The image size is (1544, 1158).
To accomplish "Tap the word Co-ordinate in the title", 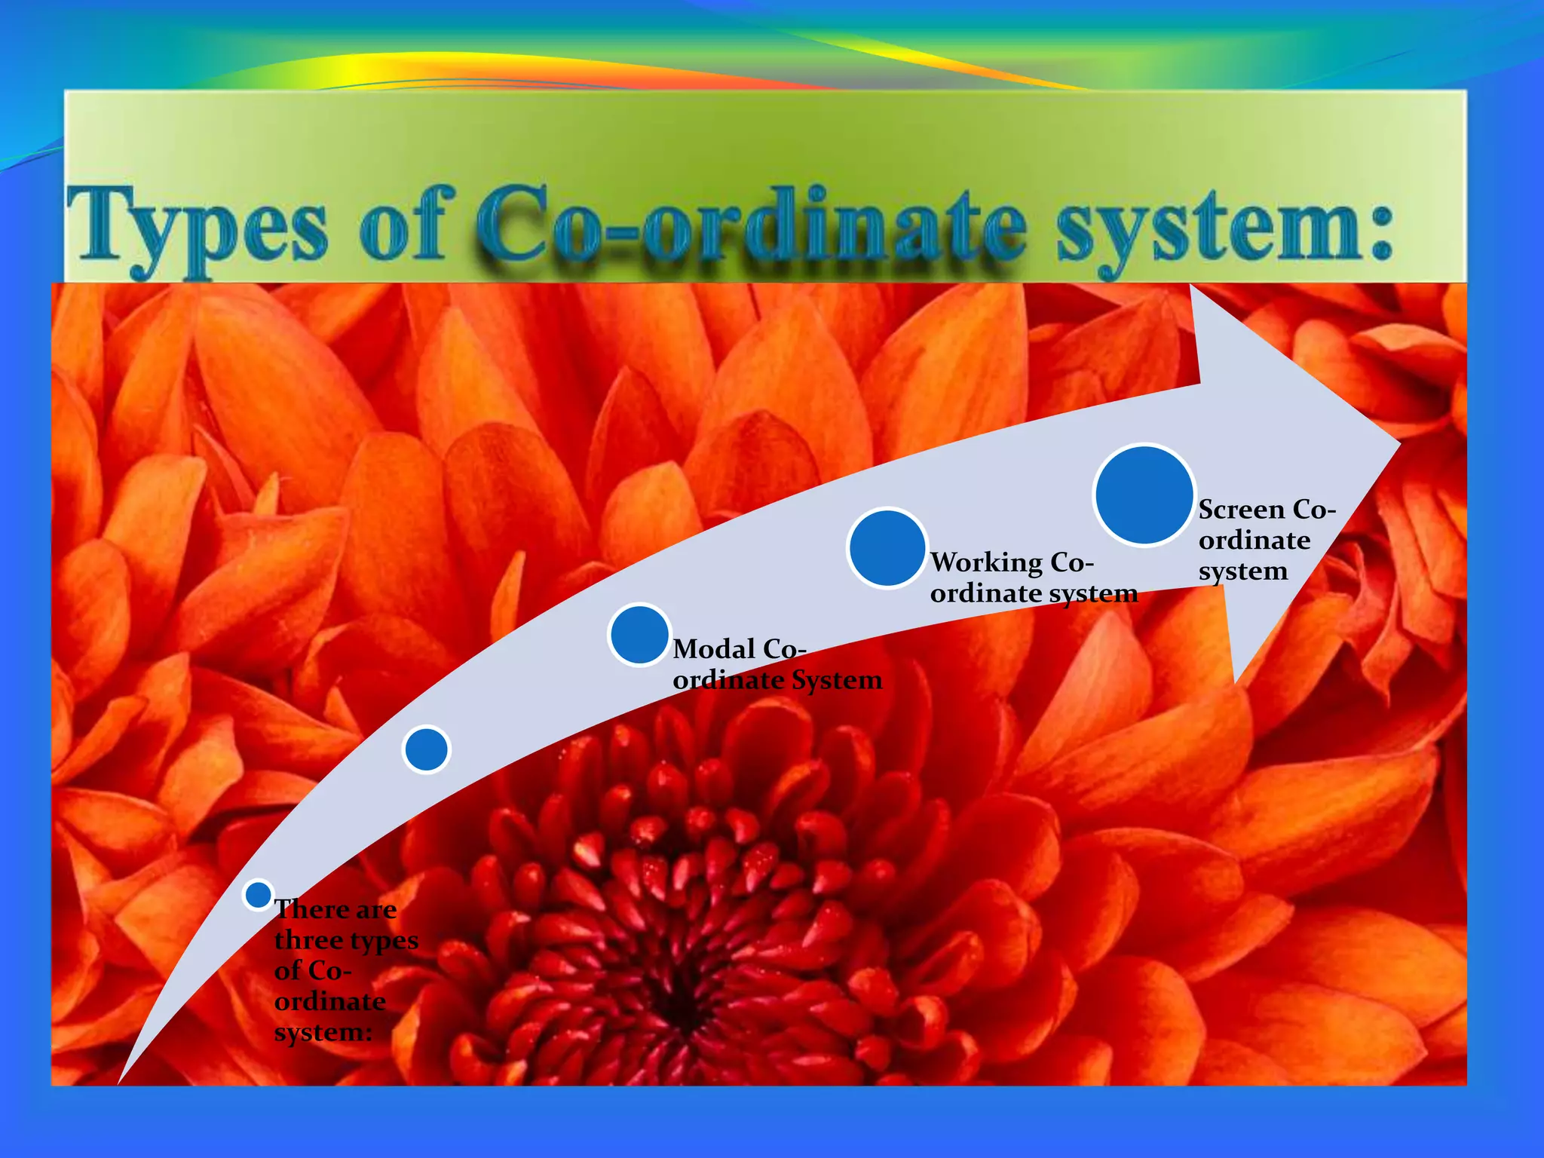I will (x=750, y=226).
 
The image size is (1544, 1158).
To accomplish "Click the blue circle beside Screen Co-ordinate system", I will (x=1144, y=495).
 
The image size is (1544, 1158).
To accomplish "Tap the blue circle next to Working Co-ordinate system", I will (x=887, y=548).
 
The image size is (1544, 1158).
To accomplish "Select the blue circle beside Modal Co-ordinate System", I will (x=639, y=634).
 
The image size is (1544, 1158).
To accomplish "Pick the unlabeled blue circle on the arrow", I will (x=427, y=749).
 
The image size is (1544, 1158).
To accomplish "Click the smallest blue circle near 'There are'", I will (x=259, y=895).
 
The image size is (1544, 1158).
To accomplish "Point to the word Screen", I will (x=1241, y=510).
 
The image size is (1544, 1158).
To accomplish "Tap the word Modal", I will (x=714, y=649).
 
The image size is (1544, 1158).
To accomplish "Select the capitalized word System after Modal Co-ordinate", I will (x=836, y=680).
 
